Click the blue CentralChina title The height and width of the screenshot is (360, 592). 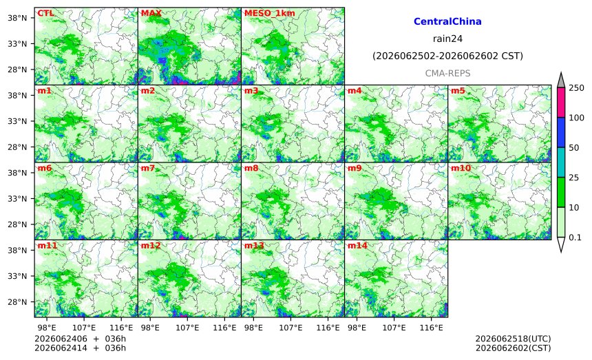pyautogui.click(x=447, y=21)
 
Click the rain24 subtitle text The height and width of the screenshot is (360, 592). pyautogui.click(x=447, y=39)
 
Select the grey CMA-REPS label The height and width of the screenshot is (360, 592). pyautogui.click(x=447, y=73)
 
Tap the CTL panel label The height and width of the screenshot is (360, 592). pyautogui.click(x=45, y=13)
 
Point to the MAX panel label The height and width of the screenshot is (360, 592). pyautogui.click(x=151, y=13)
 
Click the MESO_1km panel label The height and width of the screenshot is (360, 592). pyautogui.click(x=270, y=13)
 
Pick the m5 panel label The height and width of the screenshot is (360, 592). pyautogui.click(x=458, y=91)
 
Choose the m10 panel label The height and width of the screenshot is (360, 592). pyautogui.click(x=461, y=168)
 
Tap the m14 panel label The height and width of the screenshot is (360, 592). pyautogui.click(x=357, y=246)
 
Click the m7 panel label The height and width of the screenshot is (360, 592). pyautogui.click(x=148, y=168)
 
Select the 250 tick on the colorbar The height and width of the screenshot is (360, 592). pyautogui.click(x=576, y=88)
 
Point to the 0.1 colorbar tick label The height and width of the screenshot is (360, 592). pyautogui.click(x=575, y=237)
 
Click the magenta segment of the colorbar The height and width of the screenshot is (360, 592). pyautogui.click(x=561, y=103)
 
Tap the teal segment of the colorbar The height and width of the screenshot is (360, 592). pyautogui.click(x=561, y=162)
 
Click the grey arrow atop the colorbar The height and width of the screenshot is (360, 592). pyautogui.click(x=561, y=80)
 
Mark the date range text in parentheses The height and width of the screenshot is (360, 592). pyautogui.click(x=447, y=56)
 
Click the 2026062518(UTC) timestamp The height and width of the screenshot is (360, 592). pyautogui.click(x=513, y=339)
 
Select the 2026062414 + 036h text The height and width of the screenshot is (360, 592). pyautogui.click(x=80, y=348)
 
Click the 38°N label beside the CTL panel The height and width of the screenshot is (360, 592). pyautogui.click(x=17, y=18)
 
